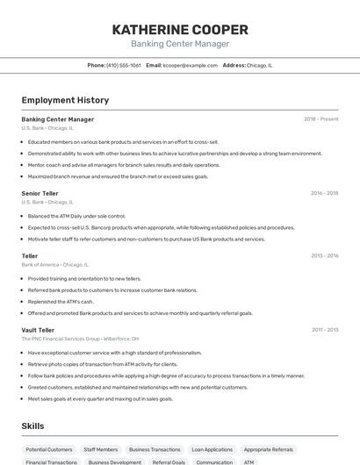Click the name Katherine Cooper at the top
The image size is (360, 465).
point(180,29)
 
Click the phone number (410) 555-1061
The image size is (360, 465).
point(123,65)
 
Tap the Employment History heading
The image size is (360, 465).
point(65,100)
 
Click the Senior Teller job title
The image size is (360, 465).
point(40,193)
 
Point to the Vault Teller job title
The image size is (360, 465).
point(38,330)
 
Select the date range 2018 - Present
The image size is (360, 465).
point(321,119)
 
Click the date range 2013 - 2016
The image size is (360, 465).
point(324,256)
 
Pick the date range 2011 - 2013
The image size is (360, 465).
point(325,330)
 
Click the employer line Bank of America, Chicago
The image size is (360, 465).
point(54,264)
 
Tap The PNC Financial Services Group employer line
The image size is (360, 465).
point(80,338)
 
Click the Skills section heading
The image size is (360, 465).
point(32,426)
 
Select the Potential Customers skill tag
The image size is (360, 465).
point(48,449)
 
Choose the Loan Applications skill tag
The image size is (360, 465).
point(212,449)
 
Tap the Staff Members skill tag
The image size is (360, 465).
point(101,449)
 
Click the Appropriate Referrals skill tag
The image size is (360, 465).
point(269,449)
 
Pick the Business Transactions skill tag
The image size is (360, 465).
point(155,449)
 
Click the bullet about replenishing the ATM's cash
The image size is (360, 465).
point(61,301)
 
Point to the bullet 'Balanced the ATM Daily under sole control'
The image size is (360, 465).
point(76,215)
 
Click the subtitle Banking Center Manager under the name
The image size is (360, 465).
point(180,44)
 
